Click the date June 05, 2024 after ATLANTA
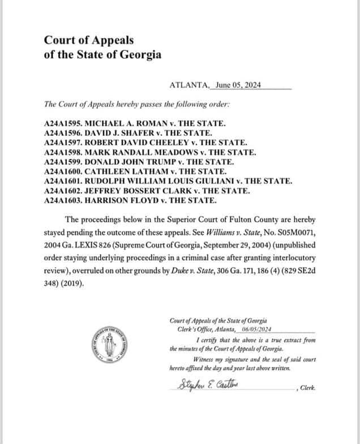(235, 86)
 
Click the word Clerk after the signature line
(307, 388)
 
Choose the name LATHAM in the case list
(147, 171)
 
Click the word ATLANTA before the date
(188, 86)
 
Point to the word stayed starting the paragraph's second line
(54, 232)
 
